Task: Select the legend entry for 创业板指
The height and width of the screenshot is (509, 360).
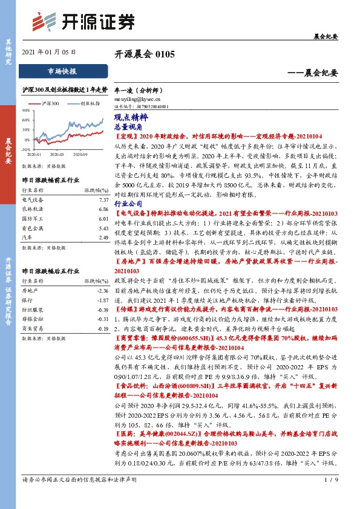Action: (x=89, y=103)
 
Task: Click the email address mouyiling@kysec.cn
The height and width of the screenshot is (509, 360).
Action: (x=137, y=97)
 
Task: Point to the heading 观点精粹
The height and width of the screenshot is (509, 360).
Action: (x=128, y=119)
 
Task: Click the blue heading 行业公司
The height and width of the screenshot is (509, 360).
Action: (x=128, y=187)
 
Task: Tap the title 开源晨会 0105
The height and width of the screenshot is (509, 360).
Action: (x=145, y=54)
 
